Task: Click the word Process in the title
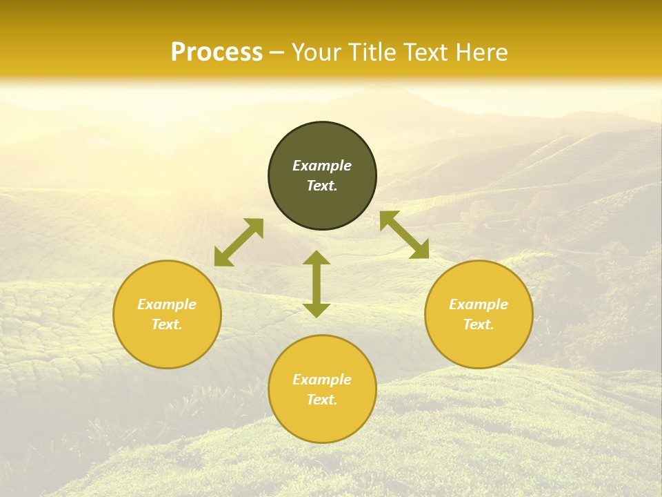tap(217, 52)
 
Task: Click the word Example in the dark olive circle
tap(322, 166)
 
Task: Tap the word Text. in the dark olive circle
tap(322, 186)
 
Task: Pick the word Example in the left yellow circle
tap(167, 304)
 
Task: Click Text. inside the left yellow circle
tap(167, 324)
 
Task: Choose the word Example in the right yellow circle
tap(479, 304)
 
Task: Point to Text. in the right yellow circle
tap(479, 324)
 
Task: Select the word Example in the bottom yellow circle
tap(322, 380)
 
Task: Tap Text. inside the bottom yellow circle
tap(322, 400)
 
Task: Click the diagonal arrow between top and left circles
tap(239, 242)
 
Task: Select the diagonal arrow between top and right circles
tap(405, 235)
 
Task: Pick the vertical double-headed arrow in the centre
tap(317, 284)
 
